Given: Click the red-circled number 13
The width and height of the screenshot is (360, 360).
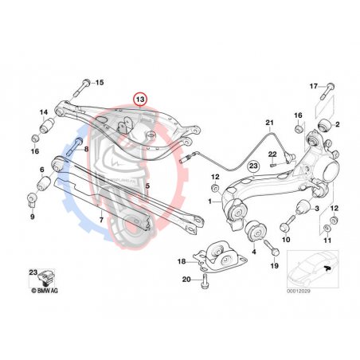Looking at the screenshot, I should tap(140, 100).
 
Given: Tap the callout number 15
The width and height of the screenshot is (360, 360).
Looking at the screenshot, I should tap(99, 83).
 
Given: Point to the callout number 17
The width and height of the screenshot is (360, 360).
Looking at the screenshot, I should tap(313, 85).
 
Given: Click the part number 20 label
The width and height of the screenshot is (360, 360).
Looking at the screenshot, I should tap(185, 280).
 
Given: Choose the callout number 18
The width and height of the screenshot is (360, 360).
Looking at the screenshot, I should tap(181, 260).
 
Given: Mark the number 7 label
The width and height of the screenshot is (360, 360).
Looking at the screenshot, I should tap(100, 217).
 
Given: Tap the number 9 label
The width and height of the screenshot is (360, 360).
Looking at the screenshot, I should tap(33, 216).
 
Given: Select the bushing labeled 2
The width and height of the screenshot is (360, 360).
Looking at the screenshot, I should tap(324, 126).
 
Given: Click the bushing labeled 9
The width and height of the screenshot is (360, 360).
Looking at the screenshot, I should tap(33, 197).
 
